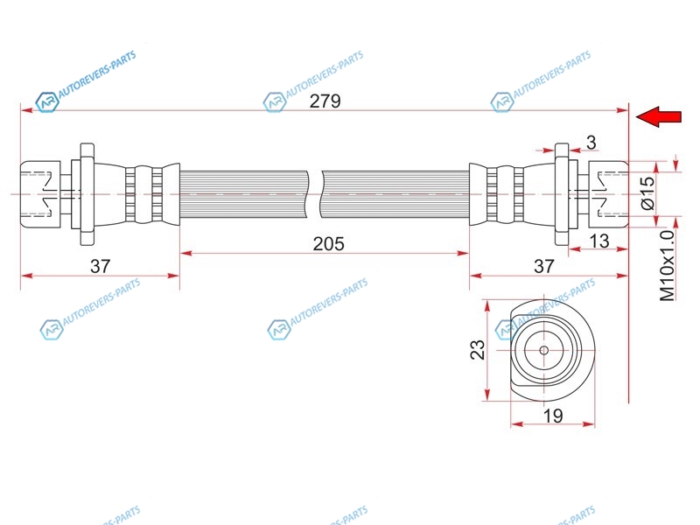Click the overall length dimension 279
pyautogui.click(x=325, y=101)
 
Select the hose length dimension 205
pyautogui.click(x=329, y=244)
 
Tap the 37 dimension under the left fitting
pyautogui.click(x=100, y=266)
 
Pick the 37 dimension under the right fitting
pyautogui.click(x=543, y=266)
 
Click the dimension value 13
pyautogui.click(x=599, y=241)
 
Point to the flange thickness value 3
pyautogui.click(x=591, y=143)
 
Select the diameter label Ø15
pyautogui.click(x=647, y=192)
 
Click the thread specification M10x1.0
pyautogui.click(x=668, y=266)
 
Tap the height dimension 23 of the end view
pyautogui.click(x=477, y=349)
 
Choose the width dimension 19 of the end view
pyautogui.click(x=553, y=416)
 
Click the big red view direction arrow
pyautogui.click(x=659, y=116)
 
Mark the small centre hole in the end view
pyautogui.click(x=543, y=350)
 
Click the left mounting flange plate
pyautogui.click(x=87, y=194)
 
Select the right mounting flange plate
pyautogui.click(x=562, y=194)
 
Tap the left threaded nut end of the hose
pyautogui.click(x=40, y=194)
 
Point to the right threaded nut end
pyautogui.click(x=608, y=194)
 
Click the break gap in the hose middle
pyautogui.click(x=315, y=194)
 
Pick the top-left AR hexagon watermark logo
pyautogui.click(x=47, y=102)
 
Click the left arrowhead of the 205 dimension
pyautogui.click(x=185, y=254)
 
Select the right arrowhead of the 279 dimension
pyautogui.click(x=622, y=110)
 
